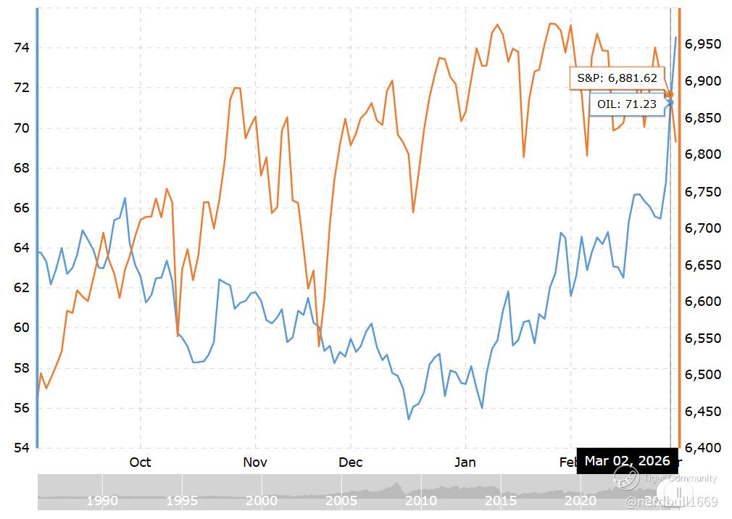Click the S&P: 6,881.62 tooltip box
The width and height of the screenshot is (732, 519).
coord(617,78)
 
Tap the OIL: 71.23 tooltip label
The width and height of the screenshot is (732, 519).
coord(627,104)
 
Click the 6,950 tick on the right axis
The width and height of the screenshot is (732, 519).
coord(703,45)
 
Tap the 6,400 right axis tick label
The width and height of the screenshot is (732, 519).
coord(703,448)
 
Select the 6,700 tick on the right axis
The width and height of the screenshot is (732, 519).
coord(703,228)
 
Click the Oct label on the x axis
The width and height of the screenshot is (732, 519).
coord(140,462)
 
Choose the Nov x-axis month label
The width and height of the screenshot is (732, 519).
coord(255,462)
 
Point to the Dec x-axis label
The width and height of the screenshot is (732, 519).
coord(350,462)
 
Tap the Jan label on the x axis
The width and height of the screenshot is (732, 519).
coord(465,462)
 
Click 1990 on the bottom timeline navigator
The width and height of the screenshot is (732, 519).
coord(102,500)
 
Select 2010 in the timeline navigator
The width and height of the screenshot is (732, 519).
coord(421,500)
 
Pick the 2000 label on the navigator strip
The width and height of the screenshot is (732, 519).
coord(262,500)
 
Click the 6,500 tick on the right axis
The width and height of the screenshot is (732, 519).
coord(703,375)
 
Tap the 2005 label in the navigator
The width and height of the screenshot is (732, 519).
coord(341,500)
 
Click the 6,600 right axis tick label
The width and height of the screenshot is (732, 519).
coord(703,302)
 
